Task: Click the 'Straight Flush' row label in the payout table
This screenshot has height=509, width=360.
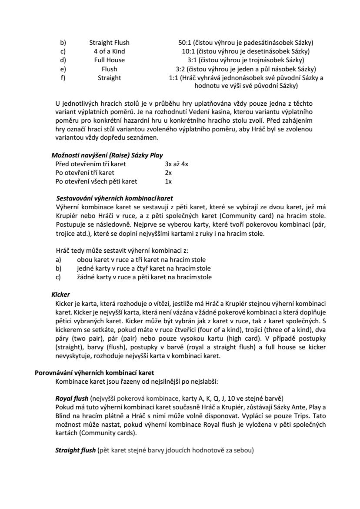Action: pyautogui.click(x=109, y=43)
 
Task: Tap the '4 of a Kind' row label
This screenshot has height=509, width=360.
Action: pyautogui.click(x=109, y=51)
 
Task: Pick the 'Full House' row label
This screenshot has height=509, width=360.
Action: pyautogui.click(x=109, y=60)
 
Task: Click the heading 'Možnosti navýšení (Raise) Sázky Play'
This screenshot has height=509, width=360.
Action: pyautogui.click(x=107, y=155)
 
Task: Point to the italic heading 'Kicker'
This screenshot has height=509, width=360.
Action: pyautogui.click(x=60, y=295)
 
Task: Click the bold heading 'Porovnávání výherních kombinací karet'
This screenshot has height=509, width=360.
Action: pyautogui.click(x=94, y=373)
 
